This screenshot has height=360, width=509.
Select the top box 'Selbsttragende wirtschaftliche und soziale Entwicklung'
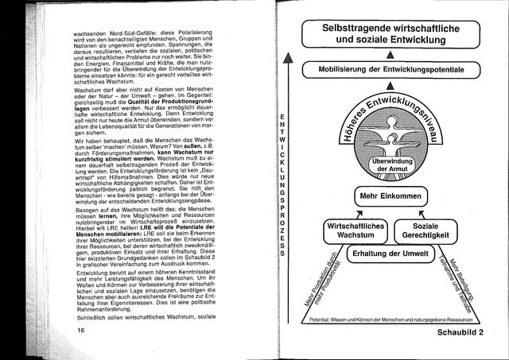click(x=392, y=31)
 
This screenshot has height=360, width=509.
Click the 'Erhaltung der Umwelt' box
click(x=391, y=254)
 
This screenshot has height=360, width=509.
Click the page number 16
click(x=80, y=329)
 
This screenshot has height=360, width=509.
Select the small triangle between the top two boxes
click(x=392, y=53)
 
